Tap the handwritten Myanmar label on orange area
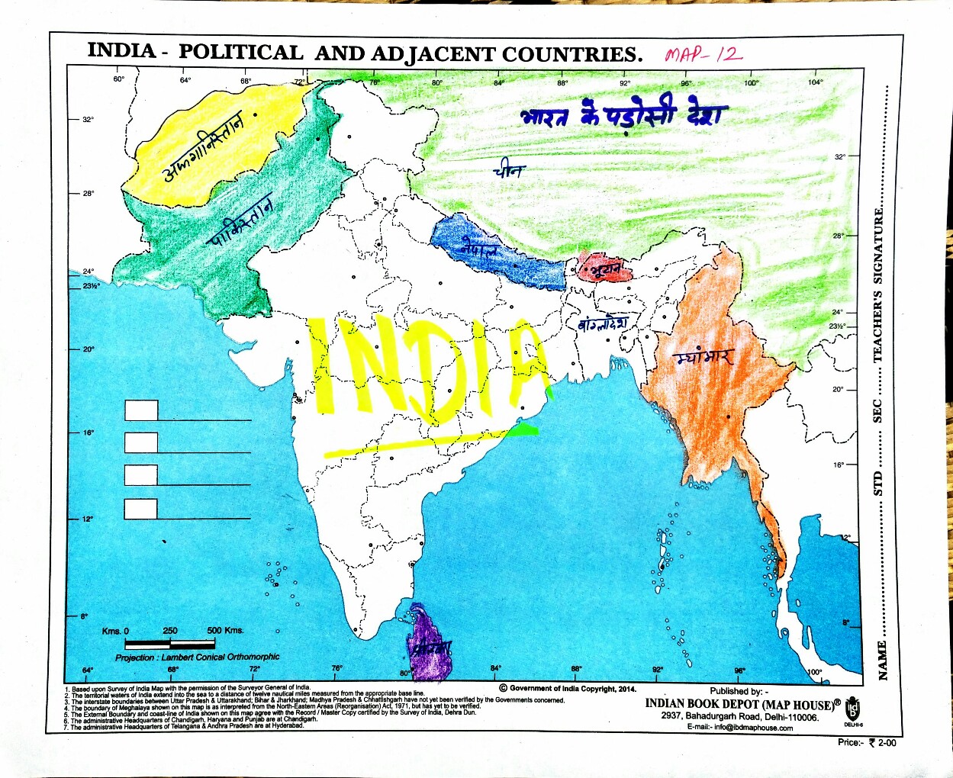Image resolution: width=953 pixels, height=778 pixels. click(x=704, y=357)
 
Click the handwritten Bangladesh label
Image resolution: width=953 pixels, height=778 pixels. click(x=603, y=323)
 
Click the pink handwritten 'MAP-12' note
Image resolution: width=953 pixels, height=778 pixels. click(x=703, y=54)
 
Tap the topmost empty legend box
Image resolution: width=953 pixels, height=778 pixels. click(x=141, y=410)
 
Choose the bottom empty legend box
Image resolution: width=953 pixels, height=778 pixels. click(x=141, y=509)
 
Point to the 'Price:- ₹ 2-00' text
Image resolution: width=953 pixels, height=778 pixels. click(x=867, y=742)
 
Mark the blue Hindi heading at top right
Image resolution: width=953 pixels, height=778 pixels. click(x=624, y=114)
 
